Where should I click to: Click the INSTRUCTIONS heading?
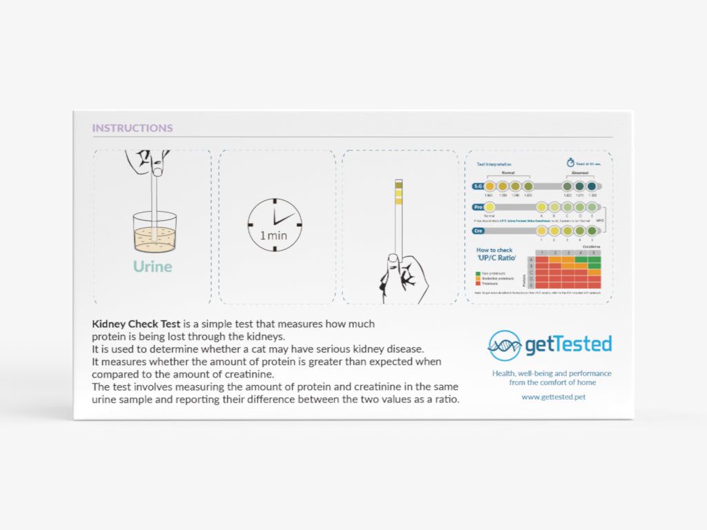[x=133, y=128]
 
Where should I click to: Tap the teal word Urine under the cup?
[x=153, y=266]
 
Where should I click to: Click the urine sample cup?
[x=155, y=233]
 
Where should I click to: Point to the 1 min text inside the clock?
[x=273, y=235]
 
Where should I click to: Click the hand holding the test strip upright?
[x=403, y=276]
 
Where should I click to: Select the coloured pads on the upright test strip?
[x=398, y=193]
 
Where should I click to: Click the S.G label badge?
[x=478, y=186]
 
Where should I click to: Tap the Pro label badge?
[x=478, y=207]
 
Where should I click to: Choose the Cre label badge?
[x=478, y=230]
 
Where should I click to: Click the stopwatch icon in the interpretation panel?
[x=570, y=163]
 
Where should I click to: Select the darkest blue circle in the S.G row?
[x=592, y=186]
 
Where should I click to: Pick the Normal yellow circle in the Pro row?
[x=490, y=207]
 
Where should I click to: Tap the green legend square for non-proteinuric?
[x=478, y=273]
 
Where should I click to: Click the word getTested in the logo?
[x=568, y=344]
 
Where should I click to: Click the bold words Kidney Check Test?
[x=136, y=324]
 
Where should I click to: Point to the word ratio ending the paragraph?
[x=445, y=400]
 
